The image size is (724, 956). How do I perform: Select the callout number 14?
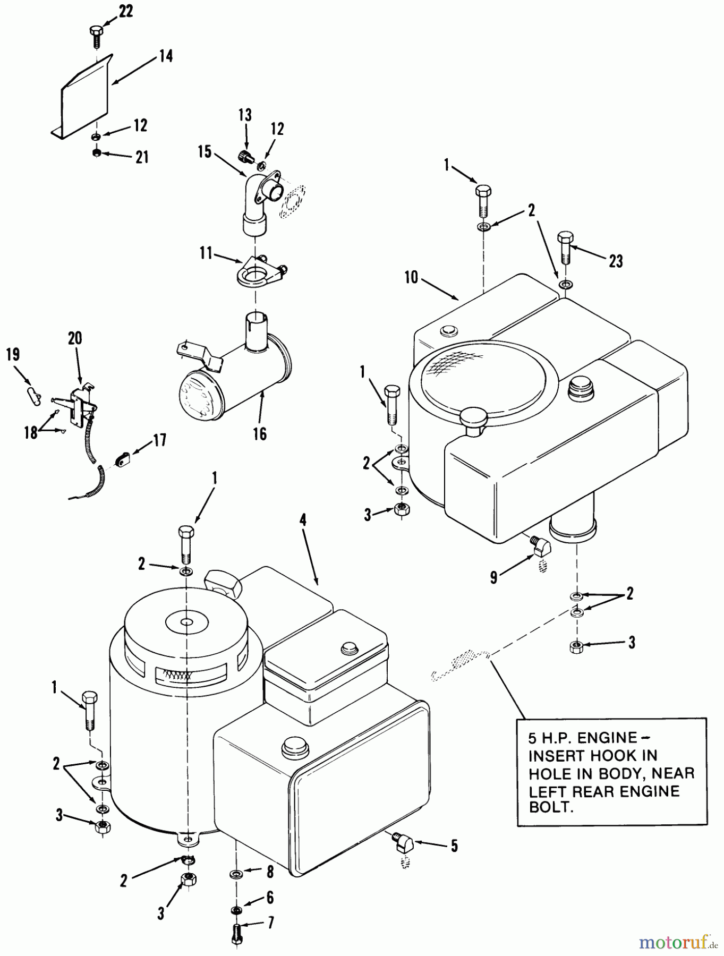pos(166,55)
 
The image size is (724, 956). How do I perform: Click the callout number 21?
pos(142,157)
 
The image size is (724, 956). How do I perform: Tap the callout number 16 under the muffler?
pos(260,433)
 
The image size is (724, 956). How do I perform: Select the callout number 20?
pos(75,338)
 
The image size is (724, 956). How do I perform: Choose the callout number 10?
pos(411,277)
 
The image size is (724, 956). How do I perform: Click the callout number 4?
pos(302,520)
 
